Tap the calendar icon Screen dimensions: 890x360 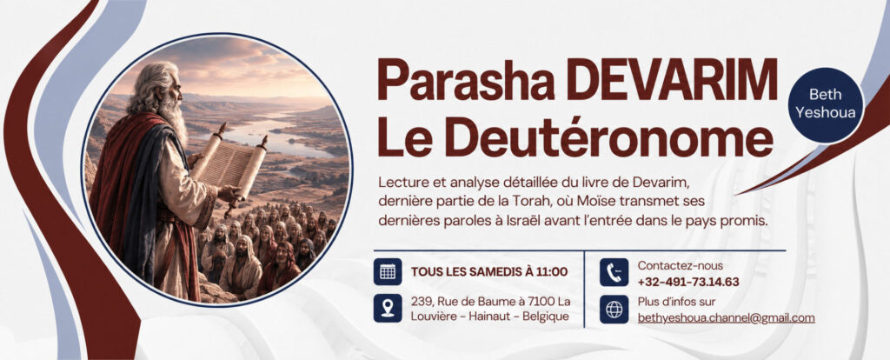[x=388, y=271]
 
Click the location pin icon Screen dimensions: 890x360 [x=388, y=309]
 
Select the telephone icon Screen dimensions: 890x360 [x=614, y=272]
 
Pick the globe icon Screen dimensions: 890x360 [x=614, y=309]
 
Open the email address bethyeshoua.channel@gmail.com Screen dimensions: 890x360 [x=726, y=318]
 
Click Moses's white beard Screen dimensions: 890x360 [x=174, y=120]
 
